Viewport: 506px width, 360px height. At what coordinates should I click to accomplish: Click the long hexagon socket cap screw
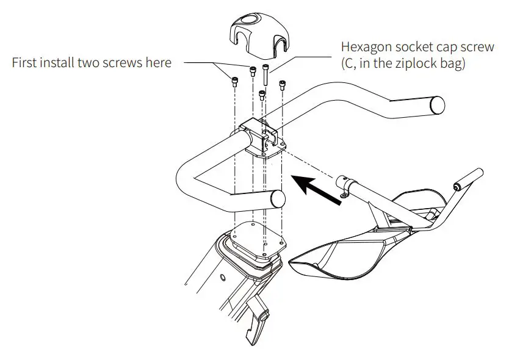(266, 76)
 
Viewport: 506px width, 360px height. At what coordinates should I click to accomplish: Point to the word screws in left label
(126, 62)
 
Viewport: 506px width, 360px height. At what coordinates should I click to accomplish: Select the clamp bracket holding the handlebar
(262, 139)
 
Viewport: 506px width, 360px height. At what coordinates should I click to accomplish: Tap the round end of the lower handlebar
(278, 200)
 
